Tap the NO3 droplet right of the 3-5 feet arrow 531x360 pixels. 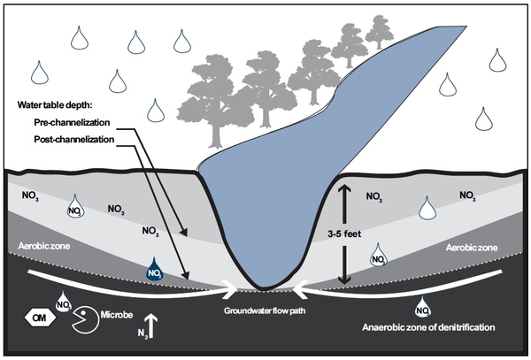[377, 257]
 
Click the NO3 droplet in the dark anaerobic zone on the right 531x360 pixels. [423, 306]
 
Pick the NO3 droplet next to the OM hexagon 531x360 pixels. [64, 303]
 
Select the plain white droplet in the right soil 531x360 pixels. [428, 207]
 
